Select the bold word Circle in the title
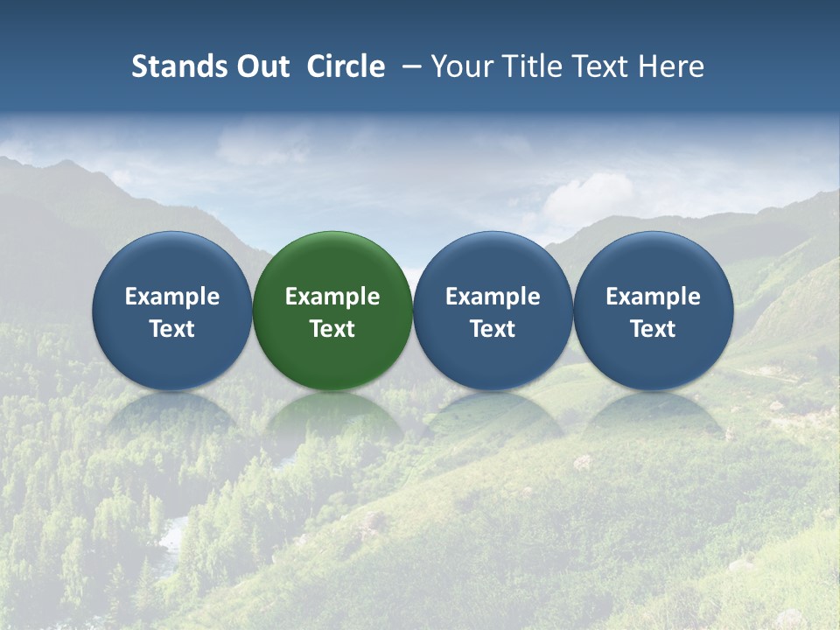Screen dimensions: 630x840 (346, 66)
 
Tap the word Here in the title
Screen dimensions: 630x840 (672, 66)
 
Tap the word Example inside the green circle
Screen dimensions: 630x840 (332, 297)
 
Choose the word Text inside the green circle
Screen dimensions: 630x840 (332, 329)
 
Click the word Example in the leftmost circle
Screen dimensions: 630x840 (172, 297)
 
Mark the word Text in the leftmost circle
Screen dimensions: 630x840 (172, 329)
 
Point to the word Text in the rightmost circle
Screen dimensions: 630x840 (654, 329)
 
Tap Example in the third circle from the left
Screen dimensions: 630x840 (493, 297)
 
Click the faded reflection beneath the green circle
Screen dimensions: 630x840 (332, 418)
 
